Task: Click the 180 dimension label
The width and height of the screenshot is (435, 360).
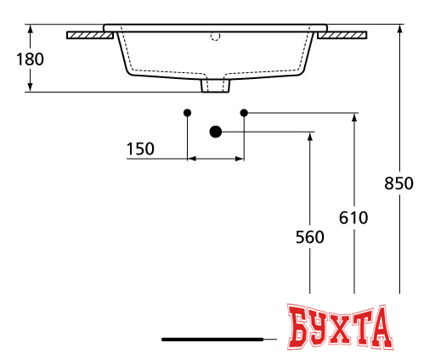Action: click(x=30, y=59)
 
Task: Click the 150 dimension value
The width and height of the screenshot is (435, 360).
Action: click(x=140, y=149)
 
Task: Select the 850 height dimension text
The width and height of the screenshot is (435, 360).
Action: click(x=398, y=183)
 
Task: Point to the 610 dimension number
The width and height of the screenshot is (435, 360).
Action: click(x=353, y=217)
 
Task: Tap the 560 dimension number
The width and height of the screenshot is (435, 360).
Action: click(x=310, y=238)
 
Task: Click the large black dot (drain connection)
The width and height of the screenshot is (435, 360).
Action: click(x=216, y=131)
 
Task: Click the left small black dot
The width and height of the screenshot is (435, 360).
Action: click(x=188, y=112)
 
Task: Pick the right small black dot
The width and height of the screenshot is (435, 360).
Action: click(x=244, y=112)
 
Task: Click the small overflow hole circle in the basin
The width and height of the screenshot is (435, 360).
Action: click(x=215, y=37)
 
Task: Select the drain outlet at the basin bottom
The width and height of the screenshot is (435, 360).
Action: click(x=216, y=86)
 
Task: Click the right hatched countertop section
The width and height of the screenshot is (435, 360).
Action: click(x=344, y=36)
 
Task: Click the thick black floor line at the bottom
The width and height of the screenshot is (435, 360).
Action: click(x=212, y=339)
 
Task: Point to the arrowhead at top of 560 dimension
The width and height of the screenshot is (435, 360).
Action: click(x=310, y=136)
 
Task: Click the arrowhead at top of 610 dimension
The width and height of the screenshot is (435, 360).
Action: click(x=353, y=117)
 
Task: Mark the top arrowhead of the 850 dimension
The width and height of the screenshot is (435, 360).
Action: click(x=398, y=29)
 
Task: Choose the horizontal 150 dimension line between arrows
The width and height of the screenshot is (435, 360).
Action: click(x=216, y=158)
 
